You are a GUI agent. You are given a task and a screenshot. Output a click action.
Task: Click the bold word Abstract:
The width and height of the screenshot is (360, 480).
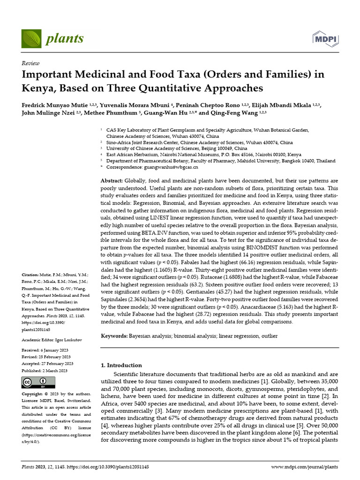(x=112, y=180)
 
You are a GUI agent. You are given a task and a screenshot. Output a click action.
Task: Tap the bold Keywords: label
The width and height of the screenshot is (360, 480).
(x=115, y=336)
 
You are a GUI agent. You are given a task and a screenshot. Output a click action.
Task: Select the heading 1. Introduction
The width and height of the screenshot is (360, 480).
(x=122, y=365)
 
